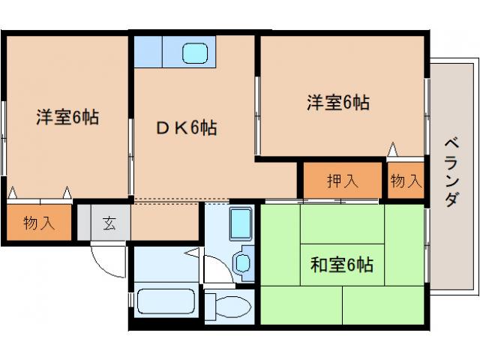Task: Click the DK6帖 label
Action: coord(187,128)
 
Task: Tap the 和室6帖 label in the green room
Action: coord(342,264)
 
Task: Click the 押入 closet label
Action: coord(342,181)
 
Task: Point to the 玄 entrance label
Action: coord(109,222)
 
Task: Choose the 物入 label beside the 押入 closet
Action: coord(406,181)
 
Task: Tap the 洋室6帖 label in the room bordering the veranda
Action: coord(337,103)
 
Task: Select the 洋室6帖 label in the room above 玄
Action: coord(67,117)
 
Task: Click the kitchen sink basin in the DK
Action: coord(196,53)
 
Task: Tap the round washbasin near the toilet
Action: coord(243,262)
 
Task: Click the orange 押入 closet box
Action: coord(342,181)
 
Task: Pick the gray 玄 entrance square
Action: coord(109,222)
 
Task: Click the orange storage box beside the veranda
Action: coord(406,181)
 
